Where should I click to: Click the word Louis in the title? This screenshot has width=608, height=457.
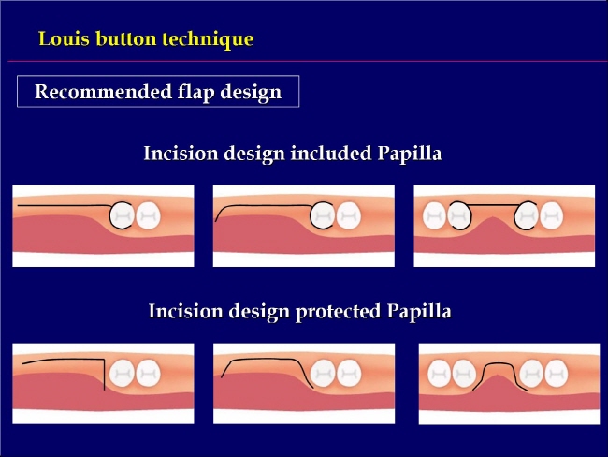pos(64,38)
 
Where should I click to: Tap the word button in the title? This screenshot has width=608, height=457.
pos(126,38)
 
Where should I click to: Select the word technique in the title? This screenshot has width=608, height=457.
pos(208,39)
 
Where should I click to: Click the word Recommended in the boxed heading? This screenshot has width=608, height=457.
pos(103,92)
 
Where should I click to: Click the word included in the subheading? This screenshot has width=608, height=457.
pos(331,153)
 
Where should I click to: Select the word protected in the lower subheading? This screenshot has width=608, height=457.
pos(338,312)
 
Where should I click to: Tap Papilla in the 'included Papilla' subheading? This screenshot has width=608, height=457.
pos(410,154)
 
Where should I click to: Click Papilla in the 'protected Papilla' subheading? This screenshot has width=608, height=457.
pos(419,312)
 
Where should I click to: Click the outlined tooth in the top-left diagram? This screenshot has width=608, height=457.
pos(122,215)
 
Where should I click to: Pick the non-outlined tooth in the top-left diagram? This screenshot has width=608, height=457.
pos(148,215)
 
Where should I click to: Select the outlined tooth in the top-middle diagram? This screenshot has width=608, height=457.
pos(322,215)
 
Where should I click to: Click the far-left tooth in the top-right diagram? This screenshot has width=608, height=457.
pos(434,215)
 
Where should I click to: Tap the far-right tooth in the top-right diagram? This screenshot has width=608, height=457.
pos(551,215)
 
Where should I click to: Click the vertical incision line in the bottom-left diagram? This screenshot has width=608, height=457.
pos(105,375)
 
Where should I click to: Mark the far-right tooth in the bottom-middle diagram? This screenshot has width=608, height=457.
pos(349,373)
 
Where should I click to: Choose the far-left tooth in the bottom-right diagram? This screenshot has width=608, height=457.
pos(440,374)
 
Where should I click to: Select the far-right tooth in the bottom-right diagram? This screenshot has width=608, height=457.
pos(557,374)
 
